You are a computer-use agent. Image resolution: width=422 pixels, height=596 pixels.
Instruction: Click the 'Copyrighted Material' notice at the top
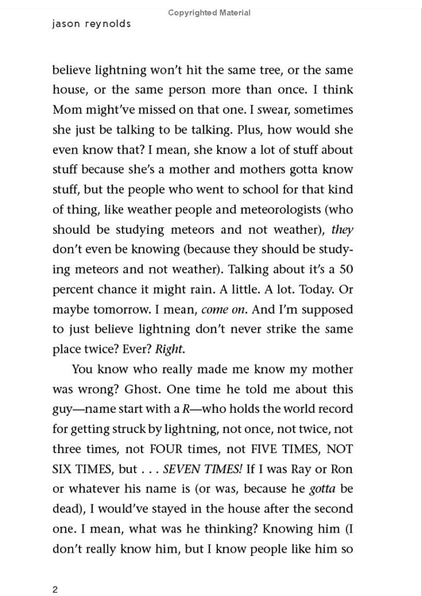[x=209, y=13]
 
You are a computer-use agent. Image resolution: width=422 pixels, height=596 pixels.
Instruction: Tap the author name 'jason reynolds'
[x=91, y=24]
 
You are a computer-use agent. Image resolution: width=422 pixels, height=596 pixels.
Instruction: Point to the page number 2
[x=55, y=590]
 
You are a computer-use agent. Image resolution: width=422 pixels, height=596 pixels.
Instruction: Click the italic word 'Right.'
[x=170, y=349]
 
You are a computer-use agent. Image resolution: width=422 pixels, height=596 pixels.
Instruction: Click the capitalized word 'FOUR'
[x=166, y=449]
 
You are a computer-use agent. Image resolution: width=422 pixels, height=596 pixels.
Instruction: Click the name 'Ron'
[x=342, y=469]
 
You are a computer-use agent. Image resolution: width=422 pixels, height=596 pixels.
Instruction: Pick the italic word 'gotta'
[x=322, y=489]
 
